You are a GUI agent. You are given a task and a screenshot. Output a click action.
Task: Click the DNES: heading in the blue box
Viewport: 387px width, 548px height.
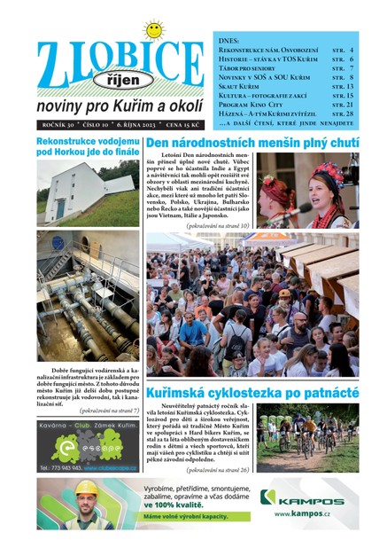(x=229, y=41)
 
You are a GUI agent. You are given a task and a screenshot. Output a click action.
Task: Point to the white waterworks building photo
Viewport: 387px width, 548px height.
(x=87, y=193)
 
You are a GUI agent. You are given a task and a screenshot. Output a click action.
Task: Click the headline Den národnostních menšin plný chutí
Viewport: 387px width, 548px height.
(x=252, y=143)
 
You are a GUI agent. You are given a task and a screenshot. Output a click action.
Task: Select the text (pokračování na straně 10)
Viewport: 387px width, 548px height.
(x=219, y=226)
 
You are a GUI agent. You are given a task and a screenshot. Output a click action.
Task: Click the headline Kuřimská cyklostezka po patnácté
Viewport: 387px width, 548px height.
(x=252, y=391)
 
